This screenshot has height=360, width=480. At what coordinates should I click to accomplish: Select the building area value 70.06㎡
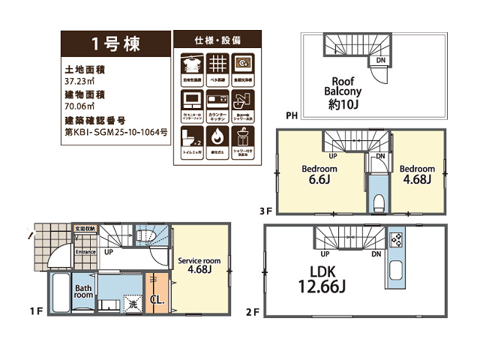pyautogui.click(x=80, y=106)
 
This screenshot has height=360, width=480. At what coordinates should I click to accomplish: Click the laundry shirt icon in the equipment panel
pyautogui.click(x=192, y=64)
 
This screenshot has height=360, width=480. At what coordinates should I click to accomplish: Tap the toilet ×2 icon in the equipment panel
pyautogui.click(x=192, y=137)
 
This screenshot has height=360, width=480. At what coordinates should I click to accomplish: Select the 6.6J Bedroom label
pyautogui.click(x=319, y=175)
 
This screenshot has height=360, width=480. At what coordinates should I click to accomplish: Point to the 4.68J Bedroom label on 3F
pyautogui.click(x=417, y=175)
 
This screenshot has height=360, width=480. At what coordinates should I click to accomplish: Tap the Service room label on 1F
pyautogui.click(x=198, y=265)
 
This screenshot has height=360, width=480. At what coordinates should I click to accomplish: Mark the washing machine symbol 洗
pyautogui.click(x=132, y=305)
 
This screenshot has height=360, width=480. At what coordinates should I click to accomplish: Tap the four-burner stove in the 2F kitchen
pyautogui.click(x=397, y=240)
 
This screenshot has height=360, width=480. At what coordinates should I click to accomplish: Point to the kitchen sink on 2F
pyautogui.click(x=397, y=271)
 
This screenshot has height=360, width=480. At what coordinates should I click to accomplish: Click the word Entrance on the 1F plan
pyautogui.click(x=85, y=252)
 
